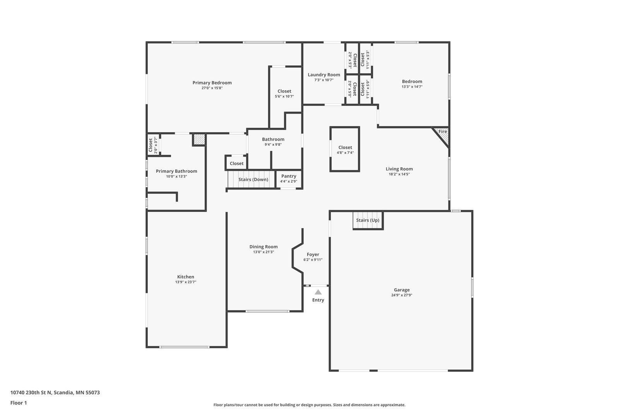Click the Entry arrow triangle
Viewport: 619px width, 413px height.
(x=318, y=293)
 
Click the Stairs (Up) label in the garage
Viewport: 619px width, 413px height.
(x=368, y=220)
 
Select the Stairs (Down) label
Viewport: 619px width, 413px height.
(x=253, y=179)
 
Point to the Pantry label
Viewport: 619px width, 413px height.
(x=289, y=176)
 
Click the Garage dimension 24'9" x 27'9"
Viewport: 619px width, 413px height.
(x=402, y=295)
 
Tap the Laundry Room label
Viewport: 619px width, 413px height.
(x=324, y=75)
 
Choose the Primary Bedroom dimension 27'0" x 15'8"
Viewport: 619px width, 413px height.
(x=212, y=88)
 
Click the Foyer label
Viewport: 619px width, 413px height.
(x=313, y=255)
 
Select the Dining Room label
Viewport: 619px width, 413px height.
(x=263, y=246)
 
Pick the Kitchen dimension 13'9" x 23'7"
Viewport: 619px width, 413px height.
(x=186, y=282)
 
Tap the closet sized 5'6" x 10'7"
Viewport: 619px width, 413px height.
(x=284, y=93)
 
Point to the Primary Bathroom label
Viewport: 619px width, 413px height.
(x=176, y=171)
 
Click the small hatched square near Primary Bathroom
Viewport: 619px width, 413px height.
(x=199, y=139)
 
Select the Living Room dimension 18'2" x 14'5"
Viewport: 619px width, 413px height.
(x=399, y=174)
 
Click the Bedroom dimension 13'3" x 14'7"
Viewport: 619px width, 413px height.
(x=412, y=87)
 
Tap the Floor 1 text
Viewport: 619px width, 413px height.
(x=19, y=403)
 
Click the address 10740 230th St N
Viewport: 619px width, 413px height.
(x=31, y=392)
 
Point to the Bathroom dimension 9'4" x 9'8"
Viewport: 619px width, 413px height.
(x=273, y=145)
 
